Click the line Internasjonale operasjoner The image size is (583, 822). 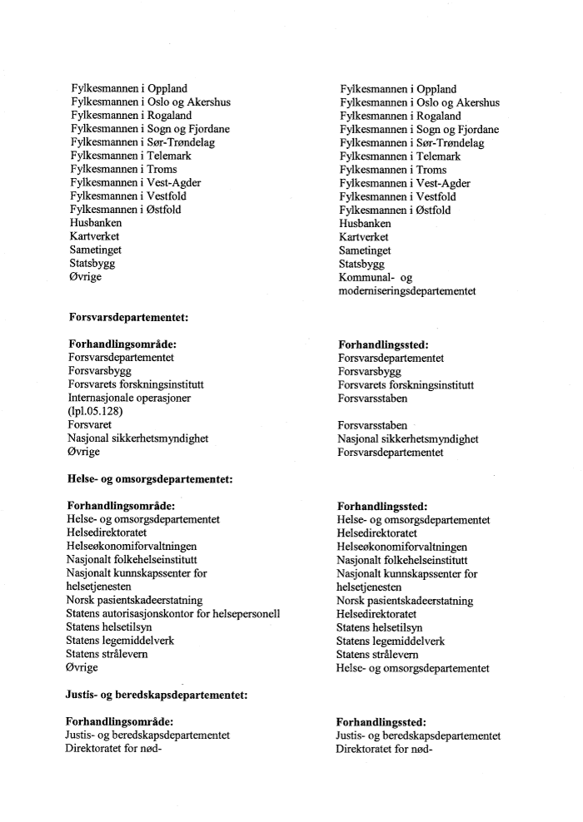pyautogui.click(x=130, y=398)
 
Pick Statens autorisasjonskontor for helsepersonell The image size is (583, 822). pyautogui.click(x=172, y=614)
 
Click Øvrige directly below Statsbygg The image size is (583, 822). pyautogui.click(x=86, y=276)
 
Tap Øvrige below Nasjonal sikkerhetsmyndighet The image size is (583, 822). pyautogui.click(x=84, y=452)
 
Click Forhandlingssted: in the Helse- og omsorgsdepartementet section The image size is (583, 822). pyautogui.click(x=382, y=505)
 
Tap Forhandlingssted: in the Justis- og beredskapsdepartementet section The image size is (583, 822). pyautogui.click(x=381, y=721)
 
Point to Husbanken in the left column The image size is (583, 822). pyautogui.click(x=96, y=223)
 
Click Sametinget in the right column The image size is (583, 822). pyautogui.click(x=365, y=250)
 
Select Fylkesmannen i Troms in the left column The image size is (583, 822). pyautogui.click(x=123, y=169)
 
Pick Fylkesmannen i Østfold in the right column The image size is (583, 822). pyautogui.click(x=395, y=210)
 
